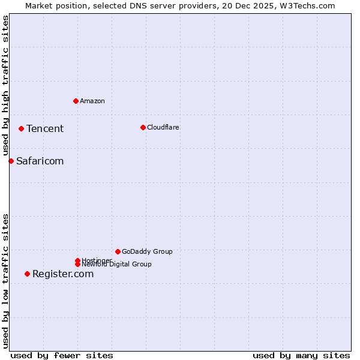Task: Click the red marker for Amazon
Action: point(76,101)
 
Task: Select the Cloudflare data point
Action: point(143,127)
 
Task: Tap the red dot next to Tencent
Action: point(21,128)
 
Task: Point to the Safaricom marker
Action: point(11,161)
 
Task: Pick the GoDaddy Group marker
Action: point(118,251)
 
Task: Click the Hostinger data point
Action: point(77,260)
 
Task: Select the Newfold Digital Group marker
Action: point(77,264)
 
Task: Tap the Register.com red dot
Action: point(27,274)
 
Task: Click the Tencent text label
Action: point(45,128)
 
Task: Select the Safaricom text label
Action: point(40,161)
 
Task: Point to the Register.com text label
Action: point(63,274)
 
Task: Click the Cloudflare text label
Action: point(163,127)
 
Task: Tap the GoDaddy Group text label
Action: point(147,251)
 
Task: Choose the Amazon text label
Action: point(92,101)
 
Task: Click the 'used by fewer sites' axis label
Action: point(62,355)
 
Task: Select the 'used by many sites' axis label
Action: point(301,355)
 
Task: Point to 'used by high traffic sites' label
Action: point(5,85)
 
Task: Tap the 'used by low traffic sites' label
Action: point(5,281)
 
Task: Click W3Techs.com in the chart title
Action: point(306,5)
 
